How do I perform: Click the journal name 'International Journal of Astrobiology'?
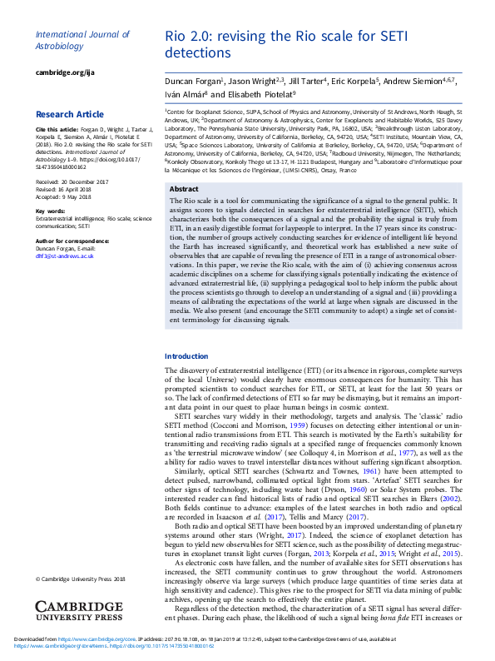point(82,40)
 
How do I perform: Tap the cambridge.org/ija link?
point(63,73)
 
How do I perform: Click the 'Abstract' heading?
point(184,190)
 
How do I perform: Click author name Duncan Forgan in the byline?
point(193,82)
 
